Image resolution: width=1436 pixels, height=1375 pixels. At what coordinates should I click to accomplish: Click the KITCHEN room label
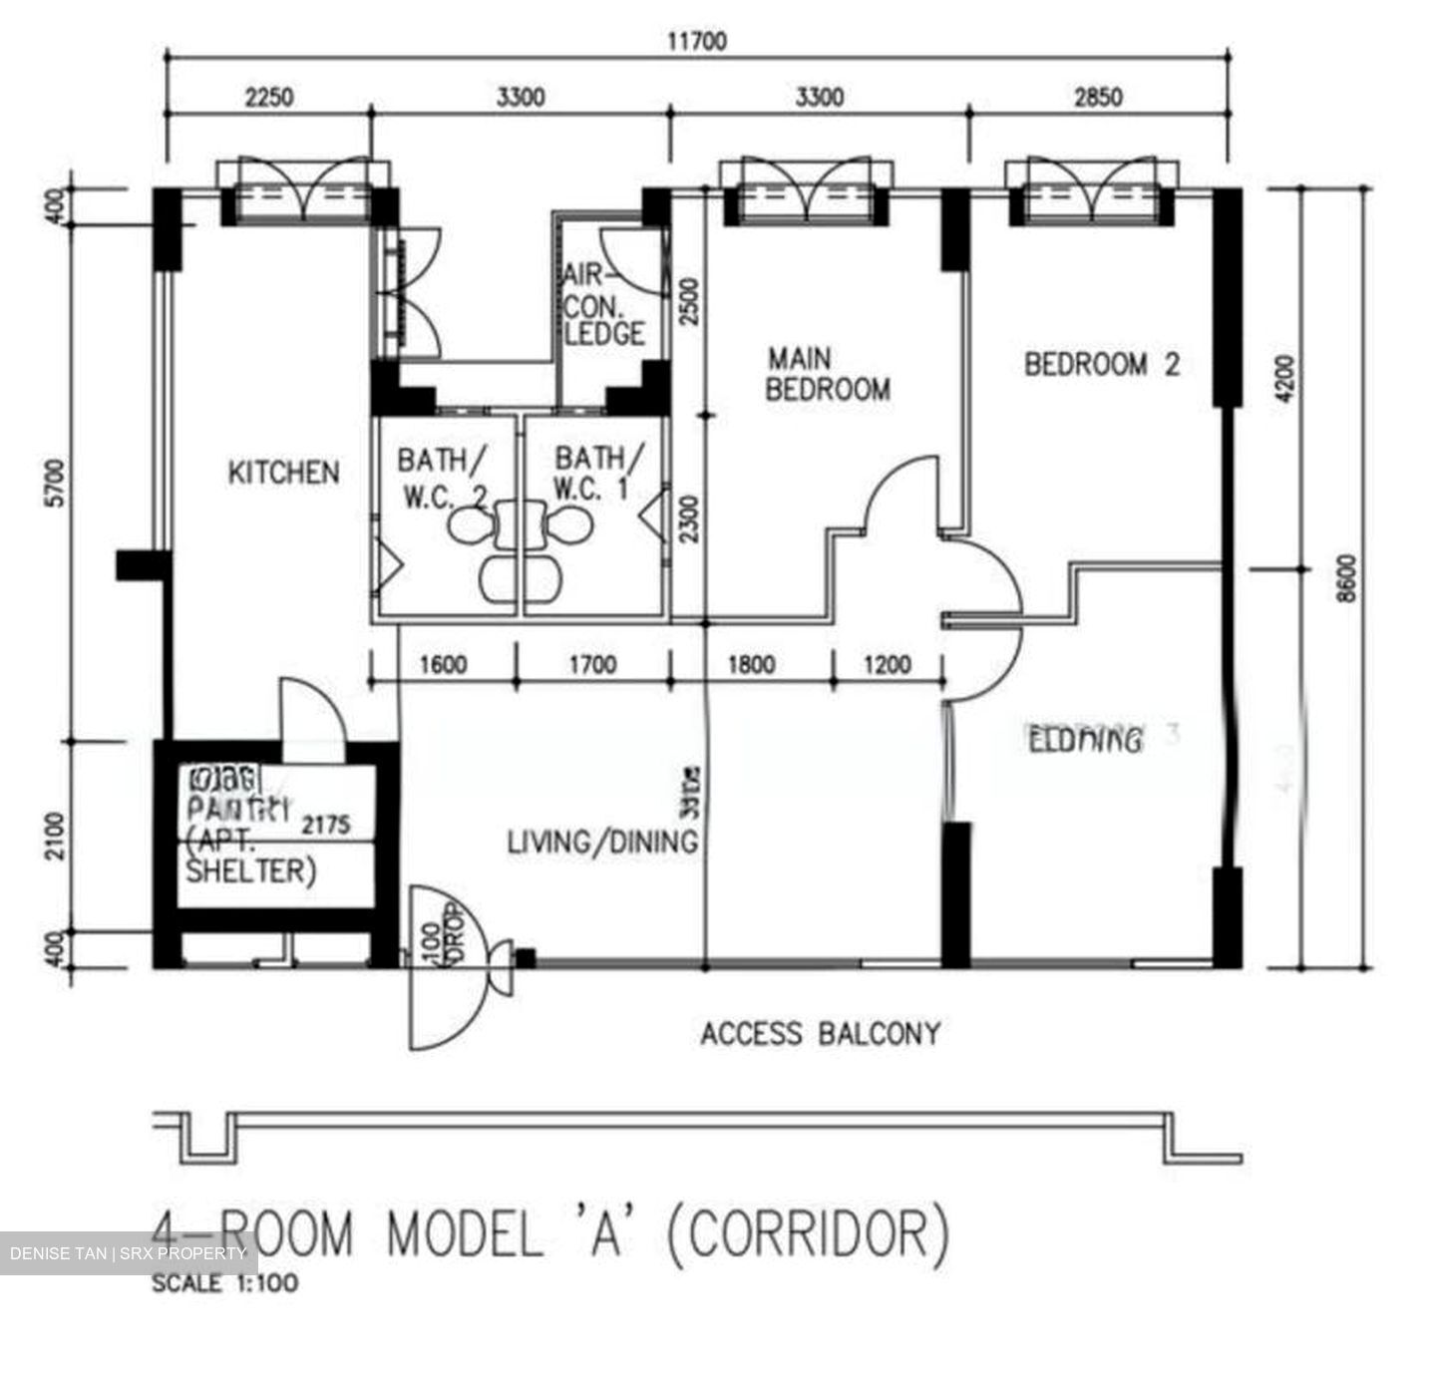[284, 472]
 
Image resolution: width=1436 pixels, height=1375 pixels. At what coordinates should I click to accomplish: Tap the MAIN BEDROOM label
[827, 374]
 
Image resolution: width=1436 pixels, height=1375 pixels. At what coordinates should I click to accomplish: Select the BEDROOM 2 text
[1102, 364]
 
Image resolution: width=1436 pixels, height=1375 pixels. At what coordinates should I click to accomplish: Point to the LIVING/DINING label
[602, 842]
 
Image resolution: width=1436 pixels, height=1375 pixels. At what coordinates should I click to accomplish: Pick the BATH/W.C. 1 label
[598, 474]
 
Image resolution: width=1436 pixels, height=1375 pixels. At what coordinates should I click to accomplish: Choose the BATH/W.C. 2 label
[443, 475]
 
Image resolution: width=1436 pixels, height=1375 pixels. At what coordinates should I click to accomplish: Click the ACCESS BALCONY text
[820, 1033]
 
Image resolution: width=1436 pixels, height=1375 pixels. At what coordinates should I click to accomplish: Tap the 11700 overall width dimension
[696, 41]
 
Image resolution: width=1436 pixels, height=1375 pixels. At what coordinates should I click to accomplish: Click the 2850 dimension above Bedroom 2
[1097, 97]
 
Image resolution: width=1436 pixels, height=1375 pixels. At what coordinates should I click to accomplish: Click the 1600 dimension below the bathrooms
[443, 664]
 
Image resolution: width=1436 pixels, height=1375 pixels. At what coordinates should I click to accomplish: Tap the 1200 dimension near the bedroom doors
[887, 664]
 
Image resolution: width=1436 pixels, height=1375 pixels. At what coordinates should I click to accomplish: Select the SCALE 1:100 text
[224, 1284]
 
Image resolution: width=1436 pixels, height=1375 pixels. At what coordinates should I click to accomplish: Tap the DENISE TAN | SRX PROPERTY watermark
[128, 1253]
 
